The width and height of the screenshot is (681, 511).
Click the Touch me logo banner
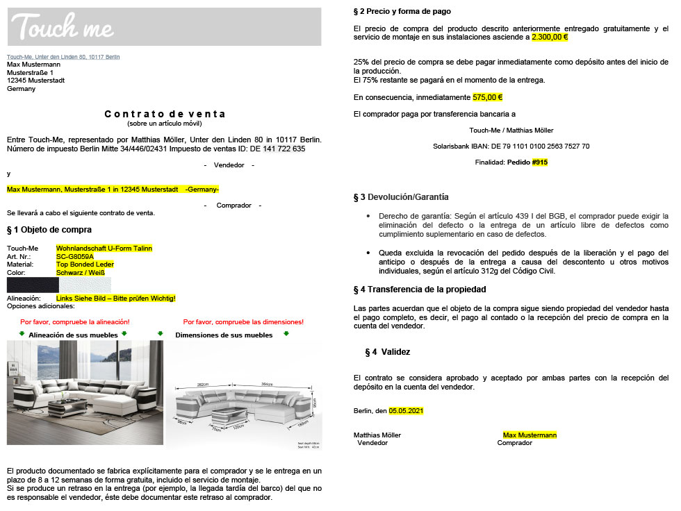(x=164, y=27)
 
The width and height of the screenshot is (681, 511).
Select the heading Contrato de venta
(x=165, y=114)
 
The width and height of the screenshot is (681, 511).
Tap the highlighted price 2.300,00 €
(x=550, y=37)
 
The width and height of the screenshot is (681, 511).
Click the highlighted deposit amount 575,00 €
(x=487, y=98)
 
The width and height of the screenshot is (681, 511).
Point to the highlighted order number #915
(x=540, y=162)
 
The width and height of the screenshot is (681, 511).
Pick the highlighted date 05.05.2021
(x=406, y=411)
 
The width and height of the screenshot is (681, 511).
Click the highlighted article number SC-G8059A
(x=75, y=256)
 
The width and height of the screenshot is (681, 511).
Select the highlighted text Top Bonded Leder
(x=85, y=265)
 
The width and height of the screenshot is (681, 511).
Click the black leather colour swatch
(x=33, y=285)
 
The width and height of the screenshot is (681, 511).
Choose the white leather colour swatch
(x=85, y=285)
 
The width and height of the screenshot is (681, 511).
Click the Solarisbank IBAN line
(x=511, y=146)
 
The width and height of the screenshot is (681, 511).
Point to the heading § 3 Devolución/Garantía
(x=401, y=197)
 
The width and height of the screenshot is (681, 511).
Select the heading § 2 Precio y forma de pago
(x=402, y=12)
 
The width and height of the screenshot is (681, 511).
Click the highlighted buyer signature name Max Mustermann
(x=530, y=435)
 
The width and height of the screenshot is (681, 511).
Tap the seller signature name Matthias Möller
(x=377, y=435)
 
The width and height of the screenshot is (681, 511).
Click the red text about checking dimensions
(x=243, y=322)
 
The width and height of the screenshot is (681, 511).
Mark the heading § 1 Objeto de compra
(x=49, y=230)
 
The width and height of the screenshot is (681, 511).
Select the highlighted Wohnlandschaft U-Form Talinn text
(x=104, y=248)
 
